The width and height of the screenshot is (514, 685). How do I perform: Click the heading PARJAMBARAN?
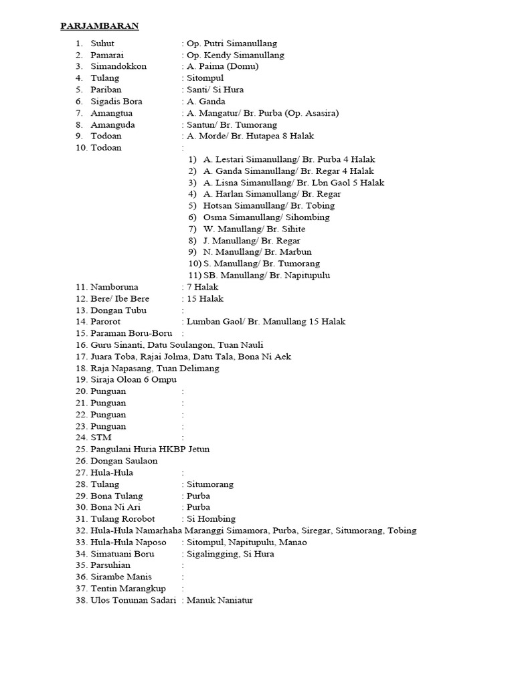[x=99, y=26]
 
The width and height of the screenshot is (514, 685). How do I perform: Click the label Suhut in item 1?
[x=103, y=43]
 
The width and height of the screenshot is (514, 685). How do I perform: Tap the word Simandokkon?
[x=118, y=66]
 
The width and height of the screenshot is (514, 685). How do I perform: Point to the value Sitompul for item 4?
[x=205, y=78]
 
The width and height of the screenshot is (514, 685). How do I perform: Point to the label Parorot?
[x=107, y=322]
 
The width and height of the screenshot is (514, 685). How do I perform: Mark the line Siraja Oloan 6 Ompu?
[x=133, y=379]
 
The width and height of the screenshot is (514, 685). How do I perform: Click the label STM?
[x=101, y=437]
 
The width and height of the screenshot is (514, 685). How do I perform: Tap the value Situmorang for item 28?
[x=211, y=484]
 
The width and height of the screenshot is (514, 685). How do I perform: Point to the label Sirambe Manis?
[x=121, y=577]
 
